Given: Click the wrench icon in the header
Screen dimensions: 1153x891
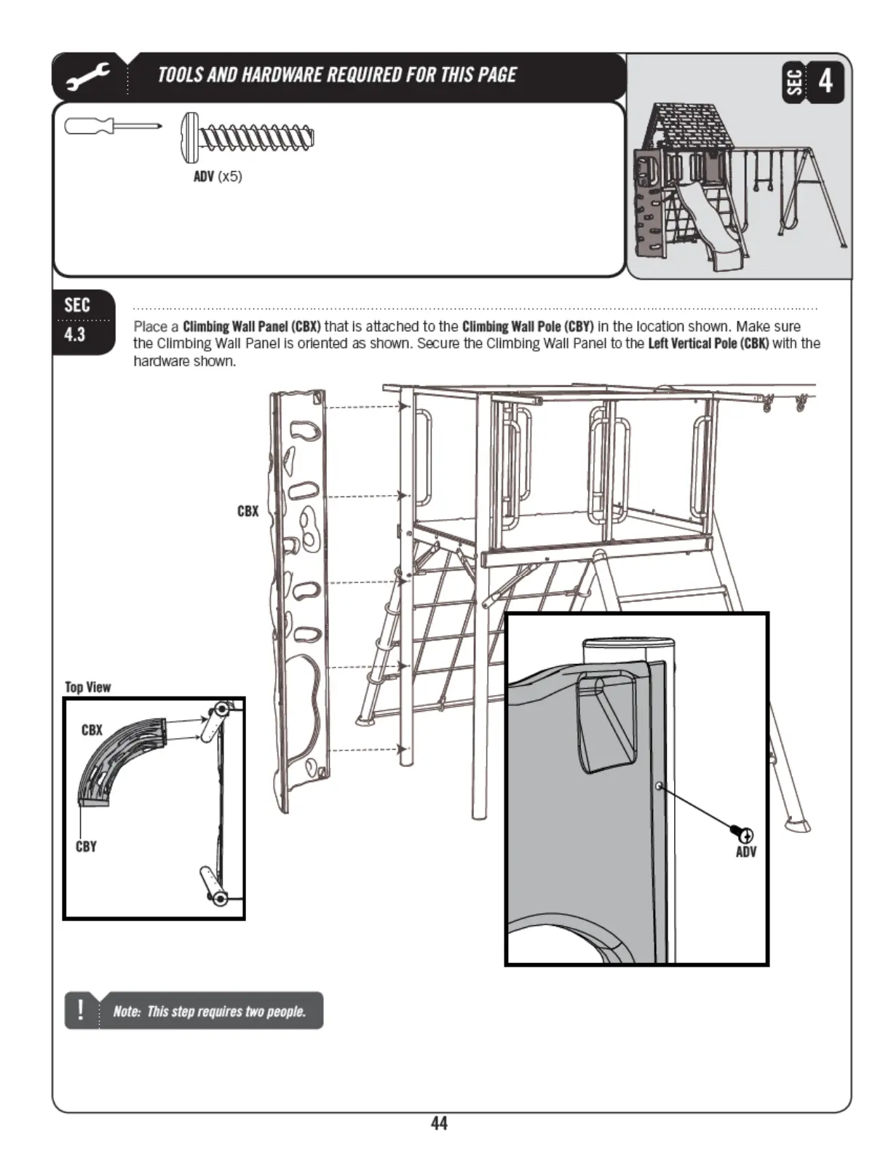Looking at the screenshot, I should pyautogui.click(x=88, y=76).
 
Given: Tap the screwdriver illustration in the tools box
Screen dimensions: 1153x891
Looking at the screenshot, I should pyautogui.click(x=112, y=126).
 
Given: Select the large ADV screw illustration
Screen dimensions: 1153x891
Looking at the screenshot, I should pyautogui.click(x=247, y=137).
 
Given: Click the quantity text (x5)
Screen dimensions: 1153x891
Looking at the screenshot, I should pyautogui.click(x=230, y=176).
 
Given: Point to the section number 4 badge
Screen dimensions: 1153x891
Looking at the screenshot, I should pyautogui.click(x=825, y=81).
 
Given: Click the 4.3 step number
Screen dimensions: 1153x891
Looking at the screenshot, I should pyautogui.click(x=75, y=335).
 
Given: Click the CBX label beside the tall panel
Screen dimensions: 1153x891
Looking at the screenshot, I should pyautogui.click(x=247, y=511).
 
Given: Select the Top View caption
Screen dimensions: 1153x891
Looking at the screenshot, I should pyautogui.click(x=88, y=687).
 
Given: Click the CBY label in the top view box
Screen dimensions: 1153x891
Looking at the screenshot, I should pyautogui.click(x=86, y=847).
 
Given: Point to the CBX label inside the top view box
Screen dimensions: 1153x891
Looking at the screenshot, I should pyautogui.click(x=92, y=729).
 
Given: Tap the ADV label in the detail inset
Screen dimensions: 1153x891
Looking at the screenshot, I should pyautogui.click(x=746, y=852).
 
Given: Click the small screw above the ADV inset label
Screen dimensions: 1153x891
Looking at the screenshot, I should pyautogui.click(x=742, y=833).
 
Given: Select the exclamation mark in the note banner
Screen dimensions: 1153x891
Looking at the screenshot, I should pyautogui.click(x=80, y=1010).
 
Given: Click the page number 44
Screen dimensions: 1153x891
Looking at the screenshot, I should pyautogui.click(x=439, y=1123).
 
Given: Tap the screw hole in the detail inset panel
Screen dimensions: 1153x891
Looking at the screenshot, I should pyautogui.click(x=659, y=786).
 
